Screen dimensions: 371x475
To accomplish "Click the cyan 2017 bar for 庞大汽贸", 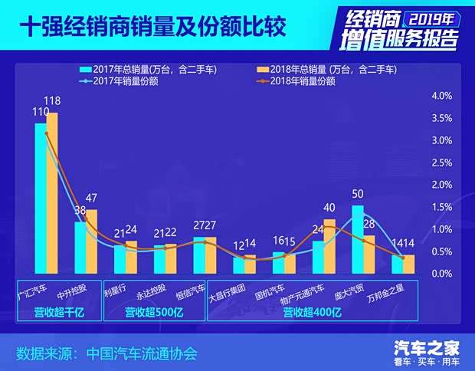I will pyautogui.click(x=358, y=238).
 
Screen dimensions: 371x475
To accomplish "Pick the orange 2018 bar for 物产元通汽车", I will pyautogui.click(x=329, y=246).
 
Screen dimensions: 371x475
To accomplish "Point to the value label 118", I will pyautogui.click(x=53, y=100).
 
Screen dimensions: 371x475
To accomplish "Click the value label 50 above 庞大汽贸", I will pyautogui.click(x=358, y=194).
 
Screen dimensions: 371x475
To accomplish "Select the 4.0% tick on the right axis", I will pyautogui.click(x=444, y=96).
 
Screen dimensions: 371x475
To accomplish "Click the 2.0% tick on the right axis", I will pyautogui.click(x=444, y=185).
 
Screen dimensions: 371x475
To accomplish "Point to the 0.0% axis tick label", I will pyautogui.click(x=444, y=274).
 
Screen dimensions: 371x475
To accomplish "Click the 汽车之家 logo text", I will pyautogui.click(x=427, y=346).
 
